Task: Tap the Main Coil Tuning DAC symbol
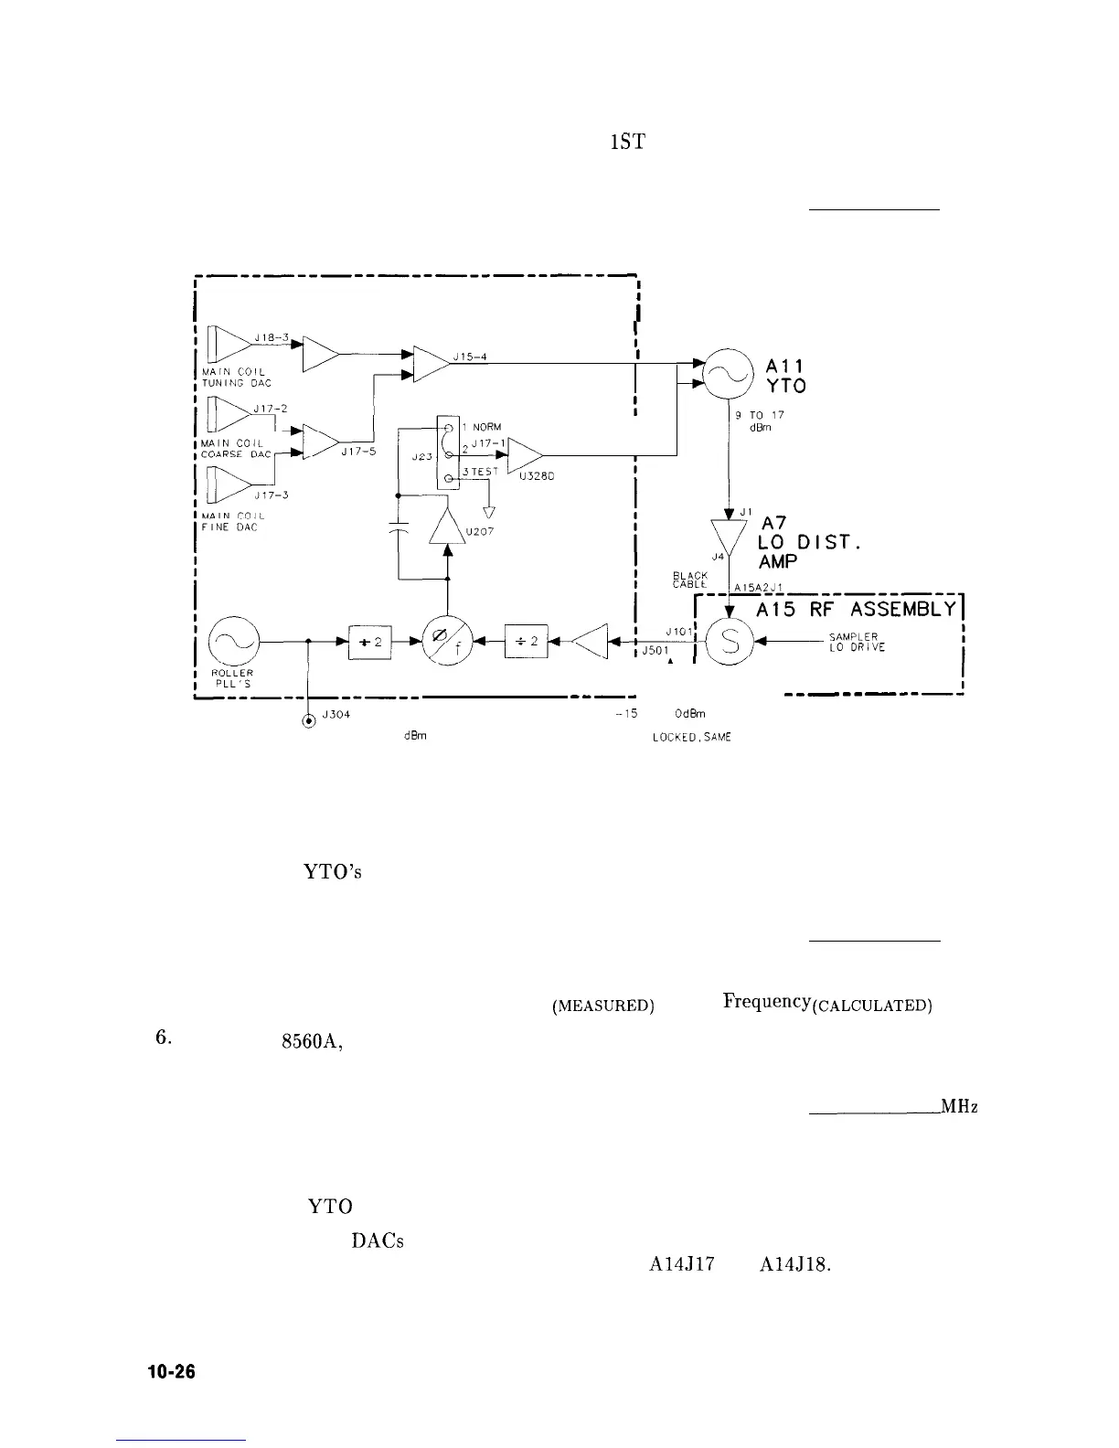point(229,343)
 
